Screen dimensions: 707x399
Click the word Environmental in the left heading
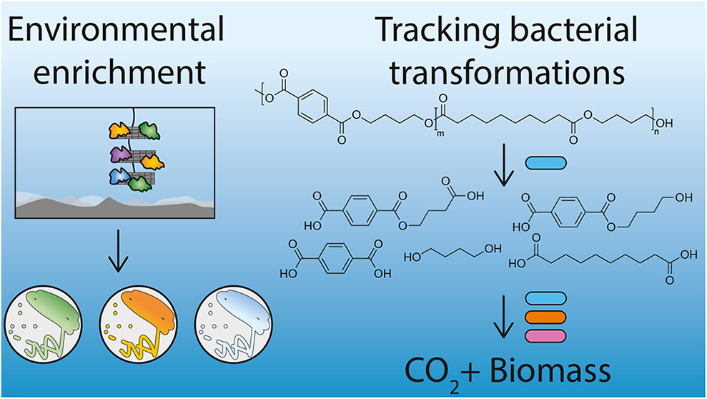tap(117, 30)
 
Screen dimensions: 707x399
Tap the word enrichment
tap(119, 72)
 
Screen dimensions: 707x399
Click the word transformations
tap(508, 72)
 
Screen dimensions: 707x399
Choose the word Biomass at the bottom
tap(550, 370)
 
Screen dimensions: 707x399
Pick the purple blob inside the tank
tap(121, 154)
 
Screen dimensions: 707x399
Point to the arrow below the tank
tap(118, 251)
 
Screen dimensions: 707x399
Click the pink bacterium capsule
tap(545, 336)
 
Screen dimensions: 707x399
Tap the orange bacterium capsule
tap(545, 317)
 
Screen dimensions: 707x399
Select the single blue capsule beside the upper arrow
tap(545, 163)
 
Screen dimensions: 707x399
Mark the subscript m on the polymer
tap(440, 133)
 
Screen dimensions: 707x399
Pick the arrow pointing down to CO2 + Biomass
tap(504, 317)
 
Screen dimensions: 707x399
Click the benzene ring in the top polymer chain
tap(312, 107)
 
